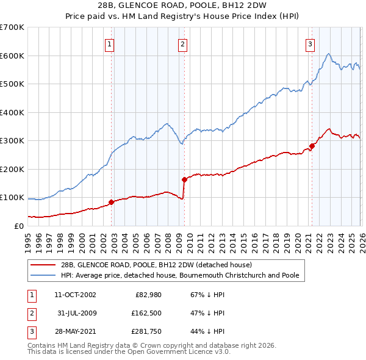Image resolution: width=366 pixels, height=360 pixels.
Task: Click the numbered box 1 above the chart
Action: tap(109, 43)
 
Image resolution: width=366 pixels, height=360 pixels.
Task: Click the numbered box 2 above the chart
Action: tap(182, 43)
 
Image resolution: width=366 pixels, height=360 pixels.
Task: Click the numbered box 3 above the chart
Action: tap(310, 43)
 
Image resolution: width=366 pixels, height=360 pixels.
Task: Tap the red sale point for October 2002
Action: tap(111, 202)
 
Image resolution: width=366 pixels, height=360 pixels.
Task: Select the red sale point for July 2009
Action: tap(184, 179)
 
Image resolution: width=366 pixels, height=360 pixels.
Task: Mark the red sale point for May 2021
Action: tap(312, 146)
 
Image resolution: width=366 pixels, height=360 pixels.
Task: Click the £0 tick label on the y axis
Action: tap(18, 226)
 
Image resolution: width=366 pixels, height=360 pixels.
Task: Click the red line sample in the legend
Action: tap(44, 264)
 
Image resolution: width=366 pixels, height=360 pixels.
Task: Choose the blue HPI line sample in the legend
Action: tap(44, 275)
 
